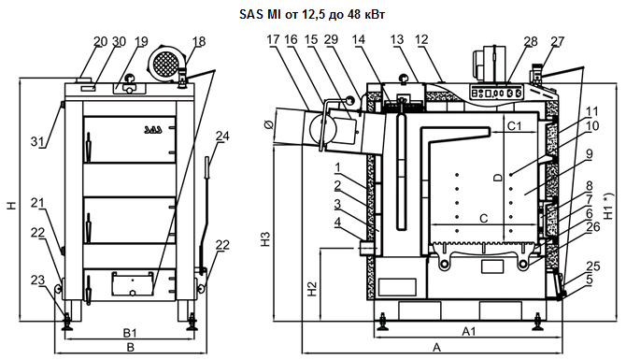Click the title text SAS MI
pos(261,15)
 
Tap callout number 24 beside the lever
pos(222,137)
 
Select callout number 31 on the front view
pos(38,141)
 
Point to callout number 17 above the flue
pos(274,39)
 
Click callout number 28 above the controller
pos(531,41)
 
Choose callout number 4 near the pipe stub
pos(337,223)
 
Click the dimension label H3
pos(265,238)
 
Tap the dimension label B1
pos(130,333)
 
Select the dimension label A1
pos(469,331)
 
